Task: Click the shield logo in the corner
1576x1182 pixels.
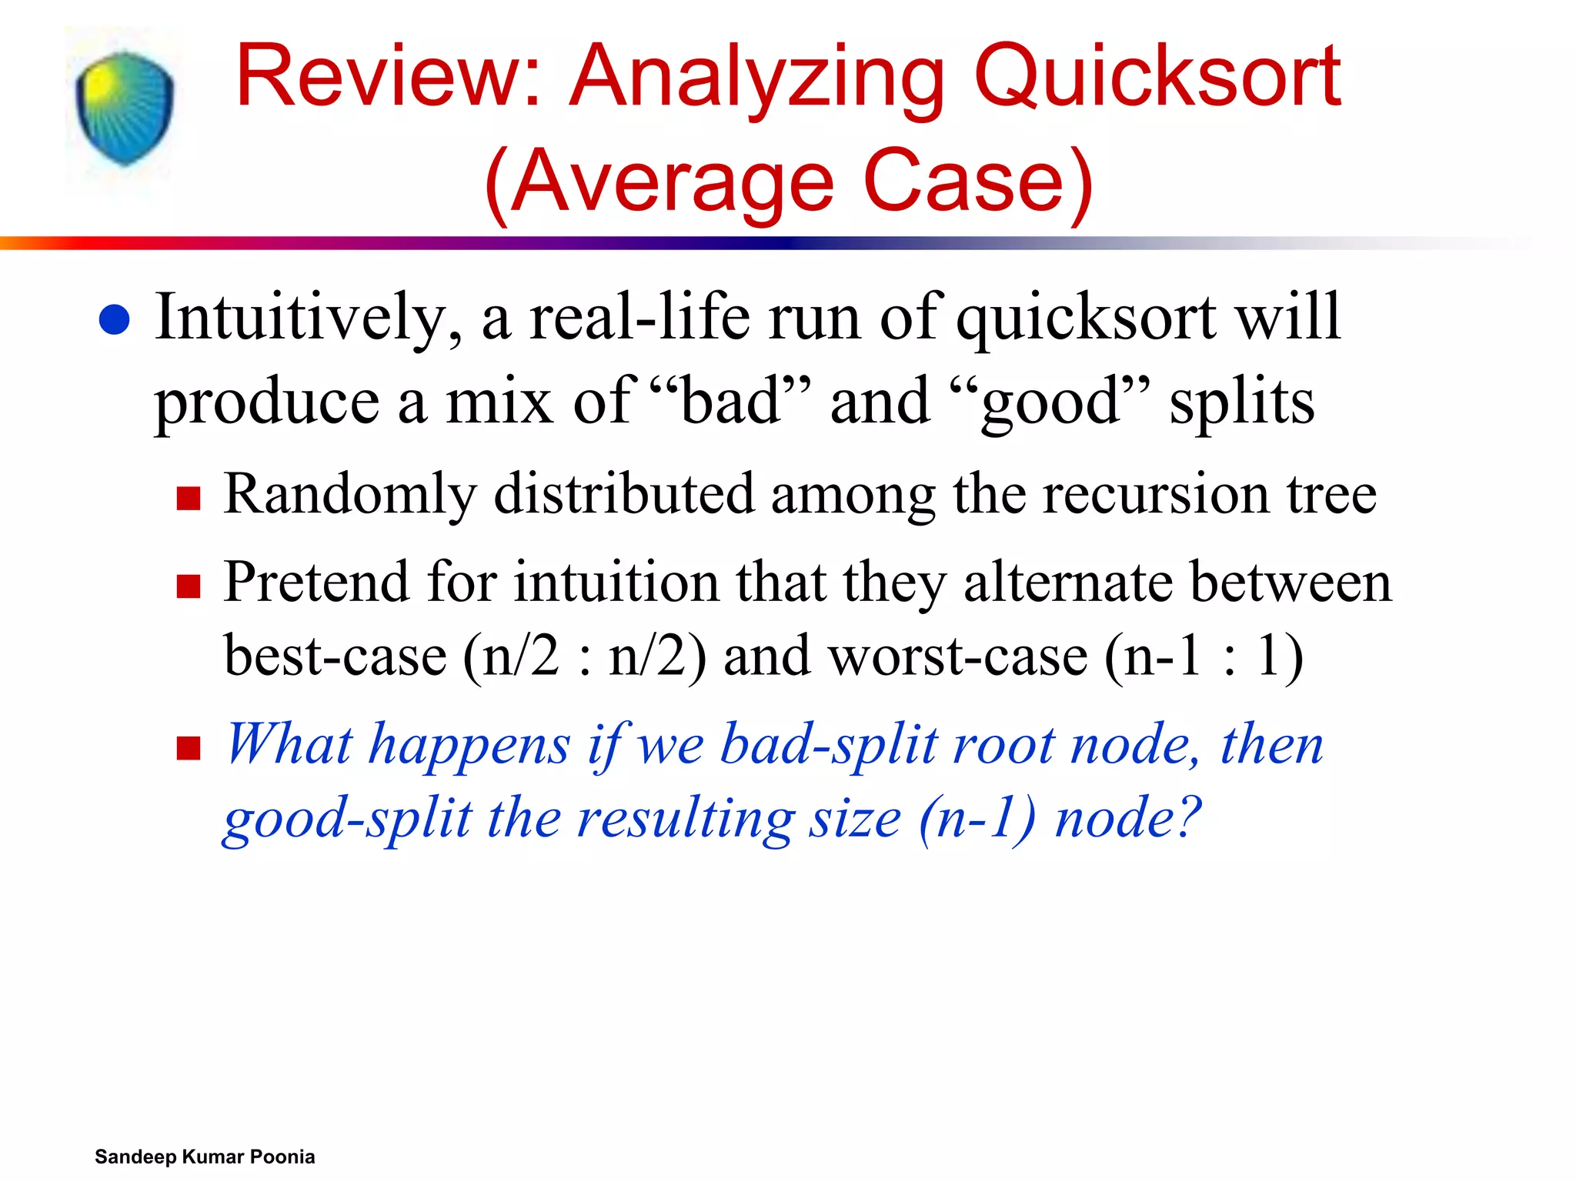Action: (x=125, y=108)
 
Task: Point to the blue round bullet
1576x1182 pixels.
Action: (x=115, y=319)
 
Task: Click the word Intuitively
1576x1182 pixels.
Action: (x=309, y=317)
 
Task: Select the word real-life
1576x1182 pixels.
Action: (x=639, y=317)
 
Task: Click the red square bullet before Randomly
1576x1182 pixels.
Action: (x=189, y=498)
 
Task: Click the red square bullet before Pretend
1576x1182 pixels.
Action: (x=189, y=586)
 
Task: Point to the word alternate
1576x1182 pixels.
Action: (x=1061, y=583)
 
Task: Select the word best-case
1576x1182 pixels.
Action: (x=336, y=656)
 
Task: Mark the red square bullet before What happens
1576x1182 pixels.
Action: (x=189, y=747)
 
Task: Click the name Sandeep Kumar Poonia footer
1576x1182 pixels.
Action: (x=205, y=1157)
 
